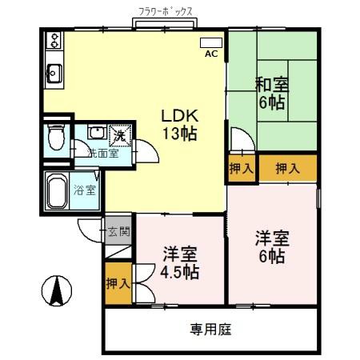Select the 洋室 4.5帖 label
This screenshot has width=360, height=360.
point(179,262)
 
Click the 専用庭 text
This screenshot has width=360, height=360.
point(211,329)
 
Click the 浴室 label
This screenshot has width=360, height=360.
point(85,190)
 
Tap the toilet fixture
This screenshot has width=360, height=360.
point(55,138)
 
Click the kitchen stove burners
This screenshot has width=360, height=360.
point(55,40)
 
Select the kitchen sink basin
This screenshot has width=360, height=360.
point(55,74)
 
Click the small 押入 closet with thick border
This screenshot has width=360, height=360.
point(241,169)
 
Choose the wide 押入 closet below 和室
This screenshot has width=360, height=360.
point(288,168)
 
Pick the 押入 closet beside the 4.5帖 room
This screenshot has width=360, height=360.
point(117,283)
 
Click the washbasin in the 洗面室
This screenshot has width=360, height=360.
point(96,134)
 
